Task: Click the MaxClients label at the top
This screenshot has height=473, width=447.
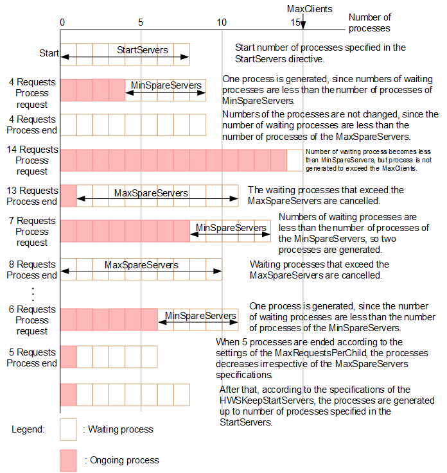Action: [x=310, y=9]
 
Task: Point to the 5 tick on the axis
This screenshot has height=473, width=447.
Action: [x=141, y=22]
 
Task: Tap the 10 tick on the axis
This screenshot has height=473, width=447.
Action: [x=222, y=22]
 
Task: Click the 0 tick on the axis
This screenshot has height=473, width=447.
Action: [x=62, y=22]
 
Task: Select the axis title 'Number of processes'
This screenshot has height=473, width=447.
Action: [x=369, y=22]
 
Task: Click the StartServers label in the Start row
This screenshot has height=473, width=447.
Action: [x=143, y=49]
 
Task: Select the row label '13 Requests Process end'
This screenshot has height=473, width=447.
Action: [x=31, y=196]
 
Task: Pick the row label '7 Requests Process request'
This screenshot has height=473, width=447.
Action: [x=33, y=231]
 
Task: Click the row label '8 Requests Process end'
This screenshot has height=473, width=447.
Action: [x=31, y=270]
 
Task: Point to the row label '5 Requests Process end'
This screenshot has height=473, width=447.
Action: [x=33, y=357]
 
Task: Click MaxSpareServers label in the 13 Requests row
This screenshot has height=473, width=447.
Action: [x=151, y=193]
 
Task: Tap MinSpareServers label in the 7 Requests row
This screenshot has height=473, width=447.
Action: [x=231, y=227]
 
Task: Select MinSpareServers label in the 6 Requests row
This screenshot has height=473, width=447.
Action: [x=200, y=315]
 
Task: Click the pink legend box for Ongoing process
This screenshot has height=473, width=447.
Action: [x=68, y=460]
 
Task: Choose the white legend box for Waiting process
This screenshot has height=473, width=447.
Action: [x=68, y=429]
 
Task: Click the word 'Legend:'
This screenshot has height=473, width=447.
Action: [x=28, y=429]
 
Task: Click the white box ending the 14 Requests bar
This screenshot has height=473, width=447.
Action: [x=295, y=160]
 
